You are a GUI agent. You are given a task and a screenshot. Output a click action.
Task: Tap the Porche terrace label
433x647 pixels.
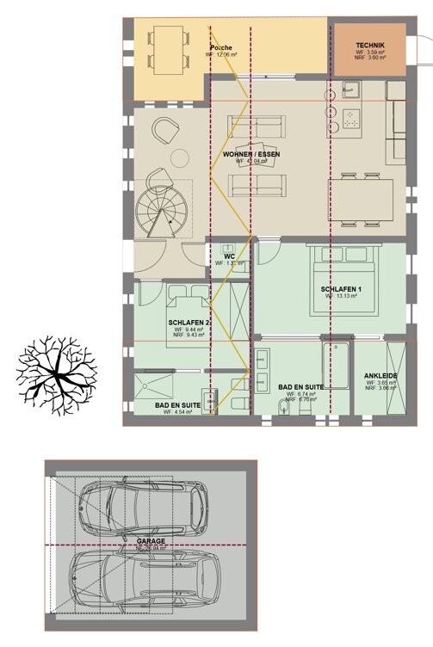(x=222, y=48)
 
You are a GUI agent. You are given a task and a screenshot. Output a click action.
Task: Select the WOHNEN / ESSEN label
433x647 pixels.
(x=251, y=155)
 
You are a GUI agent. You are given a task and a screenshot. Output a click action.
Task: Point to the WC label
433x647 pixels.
(x=229, y=256)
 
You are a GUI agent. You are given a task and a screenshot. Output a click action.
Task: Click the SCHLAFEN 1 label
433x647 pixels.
(x=342, y=289)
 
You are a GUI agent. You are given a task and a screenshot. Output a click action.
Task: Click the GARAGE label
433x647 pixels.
(x=150, y=542)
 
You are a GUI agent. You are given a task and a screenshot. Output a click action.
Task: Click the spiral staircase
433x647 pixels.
(x=162, y=212)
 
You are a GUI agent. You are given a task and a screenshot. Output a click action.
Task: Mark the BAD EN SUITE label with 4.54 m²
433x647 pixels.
(x=177, y=404)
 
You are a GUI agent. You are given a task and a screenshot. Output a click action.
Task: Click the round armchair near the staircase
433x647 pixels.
(x=163, y=132)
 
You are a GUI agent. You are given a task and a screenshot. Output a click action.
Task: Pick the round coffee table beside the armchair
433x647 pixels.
(x=181, y=157)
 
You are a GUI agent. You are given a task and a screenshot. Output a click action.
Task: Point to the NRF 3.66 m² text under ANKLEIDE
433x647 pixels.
(x=380, y=388)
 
